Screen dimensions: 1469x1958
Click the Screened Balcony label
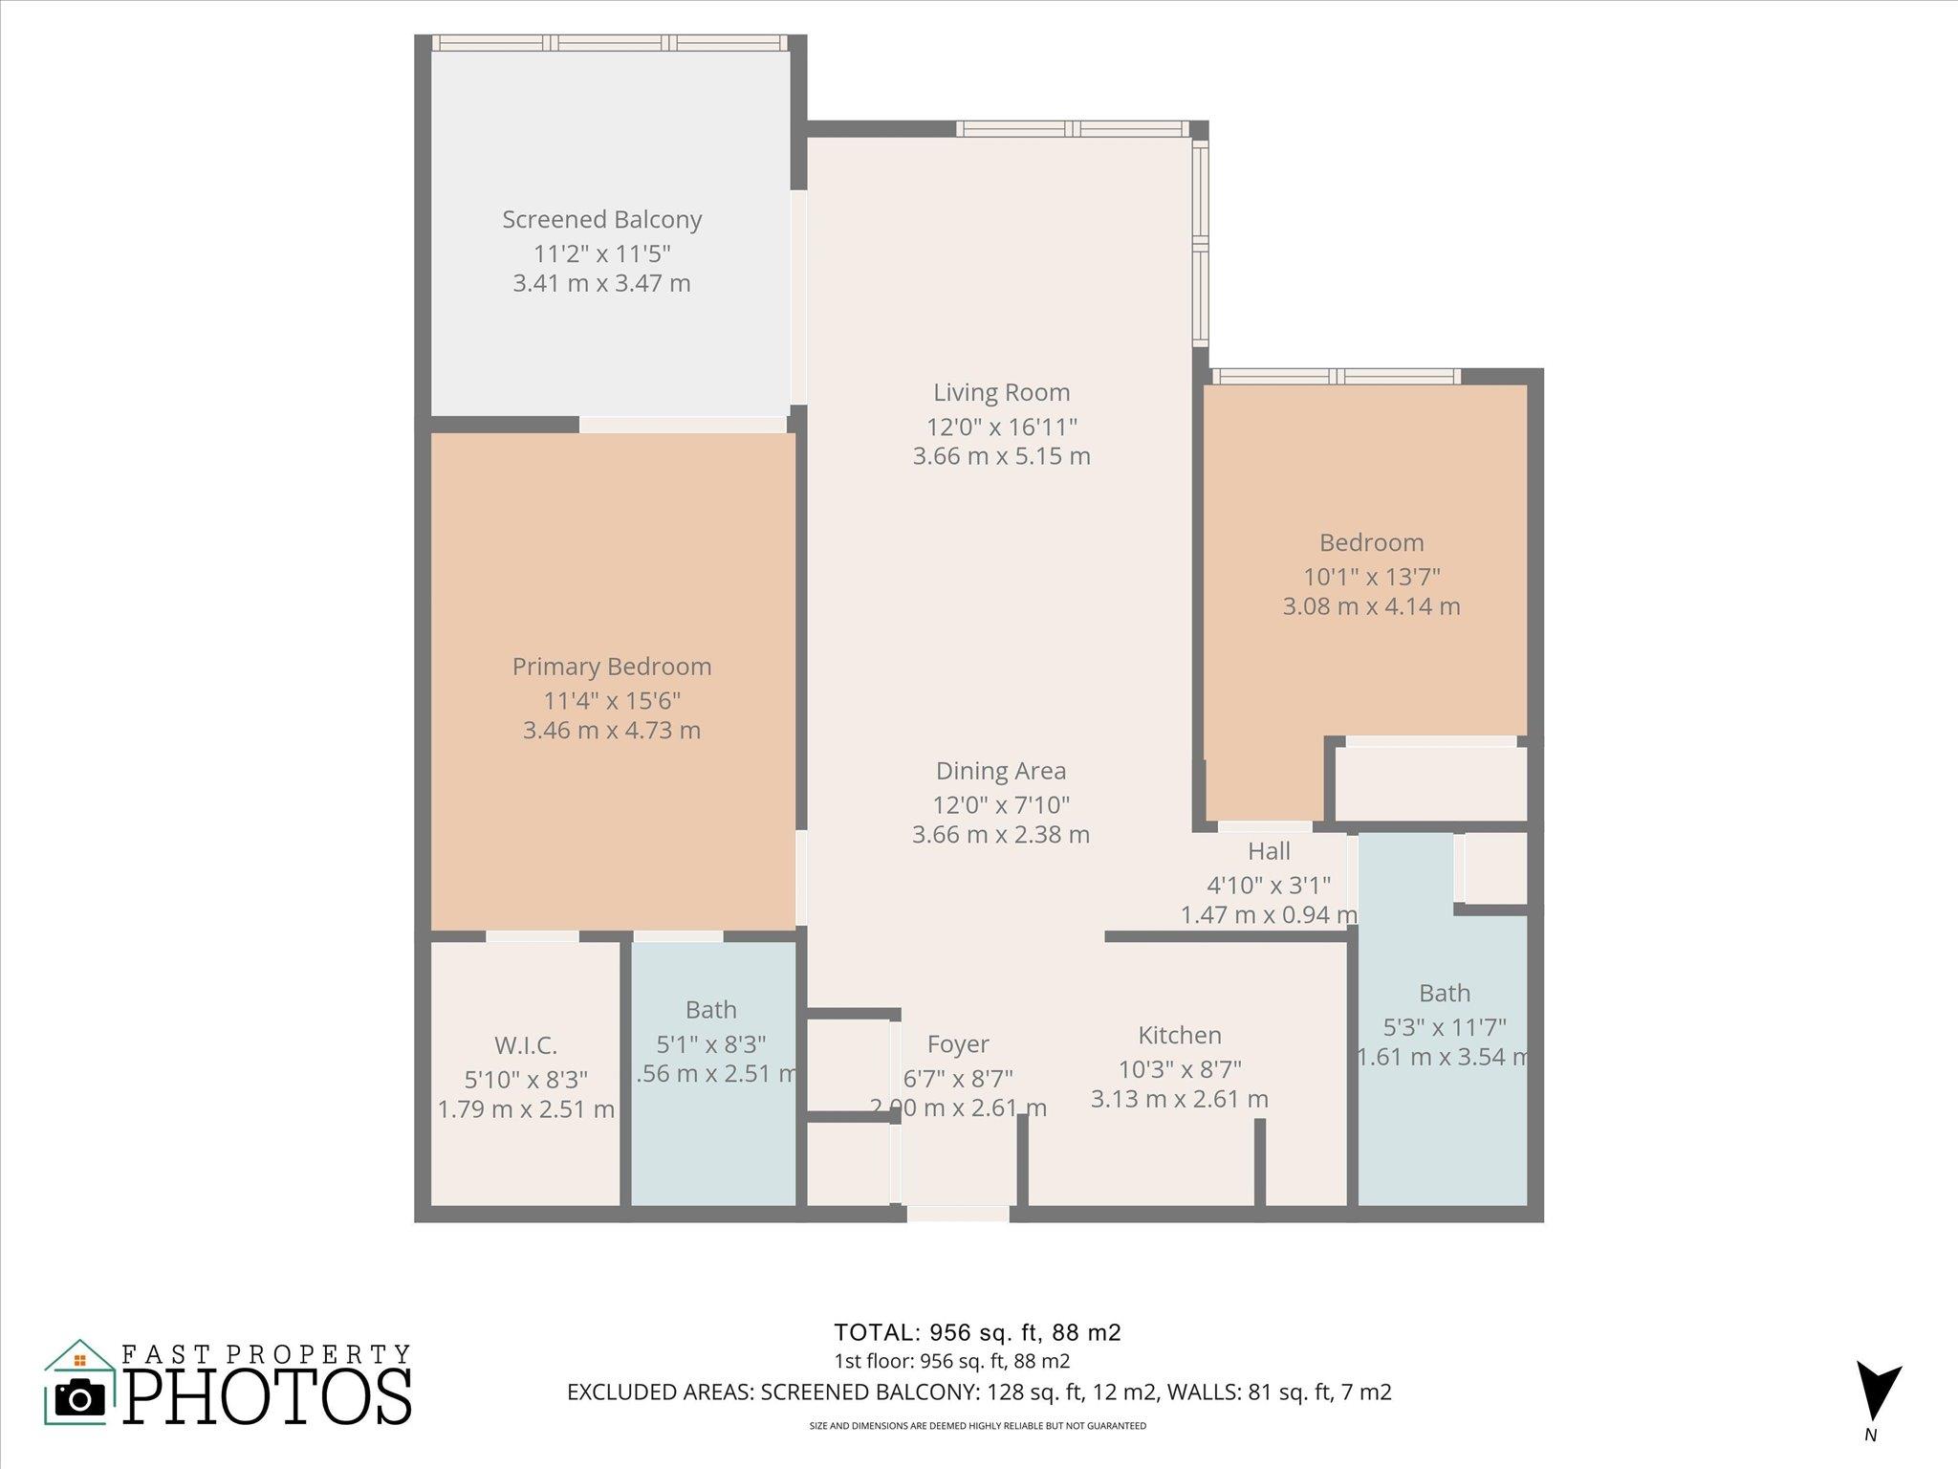pyautogui.click(x=601, y=220)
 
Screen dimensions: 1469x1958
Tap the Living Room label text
pyautogui.click(x=1001, y=392)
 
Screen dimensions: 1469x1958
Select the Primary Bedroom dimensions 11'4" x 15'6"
pyautogui.click(x=612, y=700)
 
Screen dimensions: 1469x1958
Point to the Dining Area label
pyautogui.click(x=1000, y=771)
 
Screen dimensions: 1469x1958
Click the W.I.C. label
pyautogui.click(x=525, y=1045)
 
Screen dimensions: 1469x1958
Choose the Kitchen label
pyautogui.click(x=1179, y=1035)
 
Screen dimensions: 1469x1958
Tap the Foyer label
pyautogui.click(x=957, y=1044)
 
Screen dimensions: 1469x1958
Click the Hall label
pyautogui.click(x=1269, y=851)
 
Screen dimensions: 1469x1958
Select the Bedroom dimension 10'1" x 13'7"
pyautogui.click(x=1371, y=577)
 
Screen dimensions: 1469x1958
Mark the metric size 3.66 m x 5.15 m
pyautogui.click(x=1001, y=456)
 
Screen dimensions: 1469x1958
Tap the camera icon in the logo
pyautogui.click(x=80, y=1399)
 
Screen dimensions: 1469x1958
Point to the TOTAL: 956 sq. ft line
pyautogui.click(x=977, y=1332)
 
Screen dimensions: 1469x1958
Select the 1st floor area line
pyautogui.click(x=951, y=1361)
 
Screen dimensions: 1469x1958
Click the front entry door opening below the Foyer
pyautogui.click(x=957, y=1214)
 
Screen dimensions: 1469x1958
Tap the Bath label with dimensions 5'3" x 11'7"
pyautogui.click(x=1444, y=993)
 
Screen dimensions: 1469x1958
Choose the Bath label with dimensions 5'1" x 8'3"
pyautogui.click(x=710, y=1010)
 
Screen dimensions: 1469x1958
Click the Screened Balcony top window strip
pyautogui.click(x=609, y=43)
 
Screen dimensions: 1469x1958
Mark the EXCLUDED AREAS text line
pyautogui.click(x=978, y=1392)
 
